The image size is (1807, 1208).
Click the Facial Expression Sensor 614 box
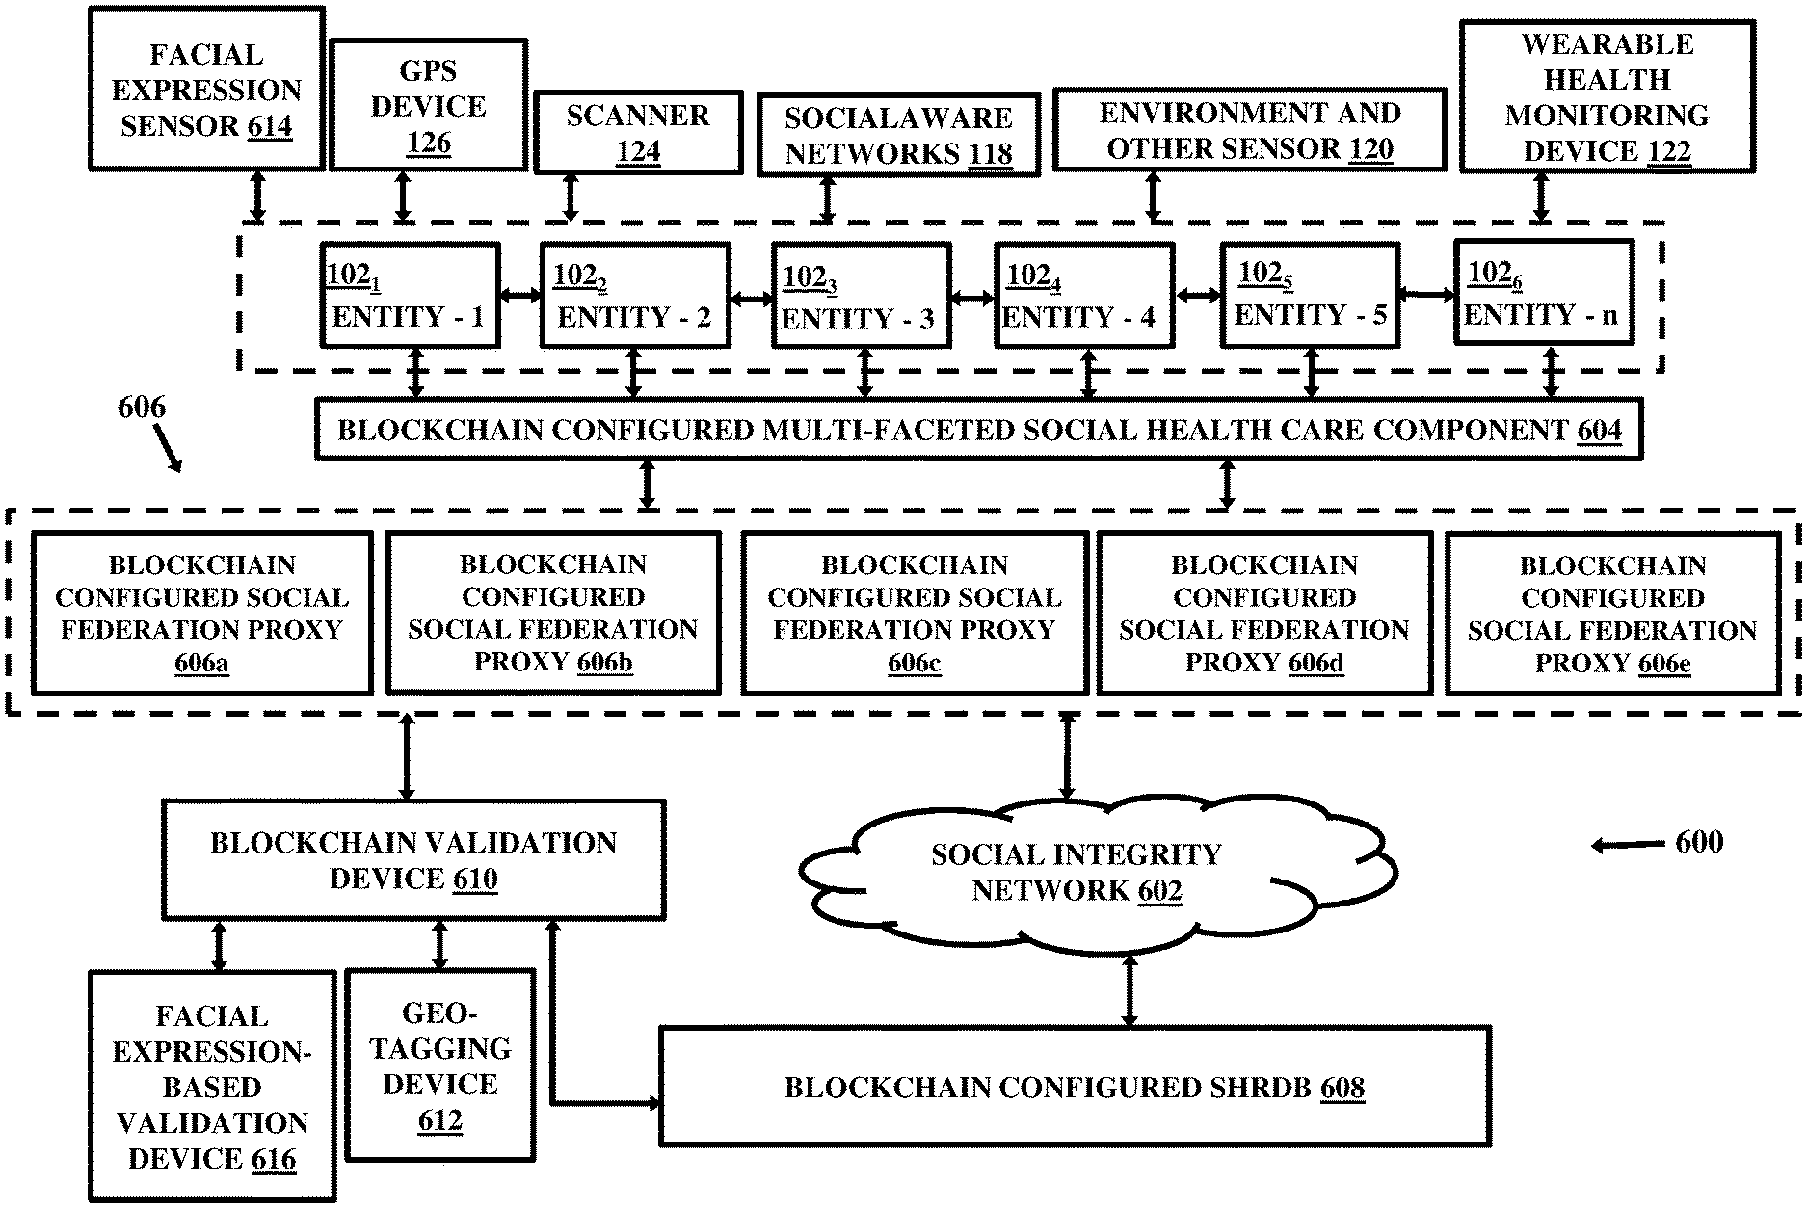click(x=206, y=89)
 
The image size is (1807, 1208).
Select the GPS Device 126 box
click(x=428, y=106)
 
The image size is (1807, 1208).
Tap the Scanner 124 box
click(x=638, y=133)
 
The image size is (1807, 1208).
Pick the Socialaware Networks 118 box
click(x=898, y=135)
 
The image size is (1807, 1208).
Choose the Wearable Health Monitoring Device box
click(x=1607, y=97)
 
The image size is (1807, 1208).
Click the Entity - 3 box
click(x=861, y=295)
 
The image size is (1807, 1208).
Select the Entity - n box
click(x=1543, y=292)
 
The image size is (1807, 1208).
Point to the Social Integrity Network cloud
click(x=1097, y=872)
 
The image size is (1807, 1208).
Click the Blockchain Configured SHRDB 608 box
click(x=1075, y=1087)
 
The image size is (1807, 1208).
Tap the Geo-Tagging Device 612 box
click(x=439, y=1065)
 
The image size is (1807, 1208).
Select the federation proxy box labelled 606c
click(x=915, y=613)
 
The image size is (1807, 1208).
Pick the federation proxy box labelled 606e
click(x=1612, y=613)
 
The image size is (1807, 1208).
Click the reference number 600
click(x=1699, y=842)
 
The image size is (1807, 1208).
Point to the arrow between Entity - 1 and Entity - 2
click(x=520, y=296)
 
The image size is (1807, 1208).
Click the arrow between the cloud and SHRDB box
click(x=1129, y=988)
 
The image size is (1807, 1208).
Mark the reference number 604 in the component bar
click(x=1599, y=430)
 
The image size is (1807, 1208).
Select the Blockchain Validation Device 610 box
click(x=413, y=859)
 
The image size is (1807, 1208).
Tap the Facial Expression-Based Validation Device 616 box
click(x=212, y=1087)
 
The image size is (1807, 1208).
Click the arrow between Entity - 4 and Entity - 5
click(x=1198, y=296)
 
